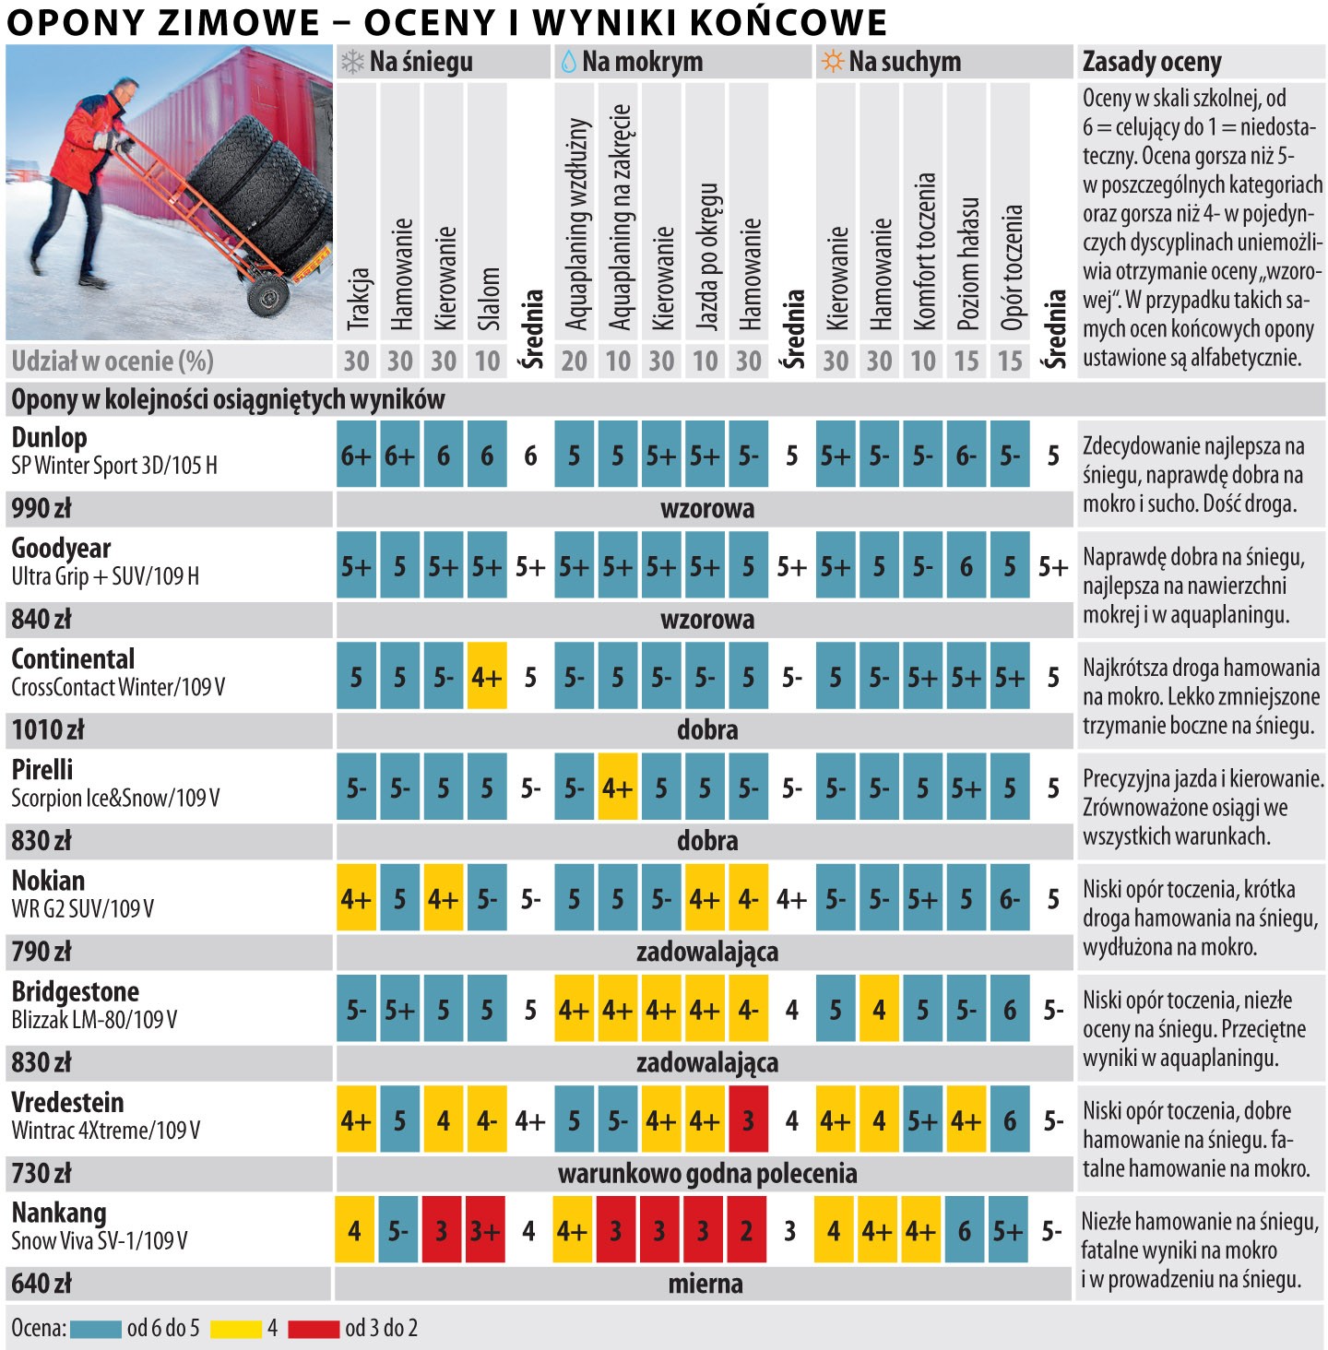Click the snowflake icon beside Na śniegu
click(x=352, y=62)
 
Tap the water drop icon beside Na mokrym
click(x=568, y=62)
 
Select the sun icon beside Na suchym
click(x=832, y=62)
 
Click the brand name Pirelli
click(x=42, y=769)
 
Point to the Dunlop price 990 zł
click(x=41, y=508)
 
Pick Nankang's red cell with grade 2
click(x=746, y=1230)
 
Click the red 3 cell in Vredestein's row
click(x=748, y=1120)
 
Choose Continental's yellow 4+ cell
click(x=486, y=678)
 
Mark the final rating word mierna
click(x=705, y=1284)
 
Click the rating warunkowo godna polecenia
click(x=707, y=1173)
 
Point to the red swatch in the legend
click(x=314, y=1329)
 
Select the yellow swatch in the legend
click(x=235, y=1329)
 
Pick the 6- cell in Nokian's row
click(x=1010, y=899)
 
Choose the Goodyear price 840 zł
click(x=41, y=619)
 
